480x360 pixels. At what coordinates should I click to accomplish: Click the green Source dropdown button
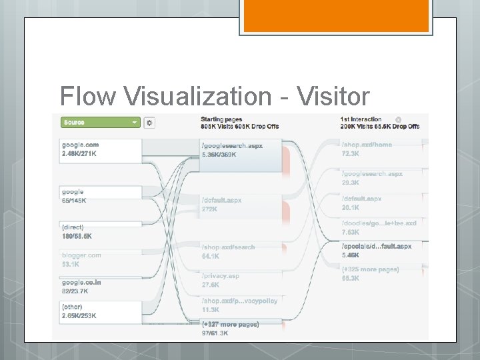[100, 123]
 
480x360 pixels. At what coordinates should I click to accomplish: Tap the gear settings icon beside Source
[149, 123]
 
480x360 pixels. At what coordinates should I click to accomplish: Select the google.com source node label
[81, 145]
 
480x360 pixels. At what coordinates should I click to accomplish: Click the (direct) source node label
[73, 227]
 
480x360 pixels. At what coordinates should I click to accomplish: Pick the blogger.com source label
[82, 255]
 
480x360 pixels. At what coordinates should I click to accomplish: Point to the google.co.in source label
[82, 282]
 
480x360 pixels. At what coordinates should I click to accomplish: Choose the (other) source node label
[72, 307]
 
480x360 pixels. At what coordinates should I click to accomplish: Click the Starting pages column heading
[221, 119]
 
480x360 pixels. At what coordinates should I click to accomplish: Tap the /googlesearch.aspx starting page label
[232, 145]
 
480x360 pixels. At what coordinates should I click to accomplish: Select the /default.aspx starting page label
[221, 200]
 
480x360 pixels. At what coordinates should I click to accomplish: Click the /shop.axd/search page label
[228, 247]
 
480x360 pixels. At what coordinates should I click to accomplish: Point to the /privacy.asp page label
[220, 275]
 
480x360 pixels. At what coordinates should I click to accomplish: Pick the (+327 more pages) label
[230, 324]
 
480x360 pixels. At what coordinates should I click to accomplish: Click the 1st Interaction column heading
[361, 119]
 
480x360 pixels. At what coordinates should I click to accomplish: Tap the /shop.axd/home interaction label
[367, 145]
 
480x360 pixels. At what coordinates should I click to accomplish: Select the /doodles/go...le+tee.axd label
[379, 223]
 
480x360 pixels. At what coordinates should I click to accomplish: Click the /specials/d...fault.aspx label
[377, 246]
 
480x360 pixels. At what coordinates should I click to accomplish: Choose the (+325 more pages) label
[370, 269]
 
